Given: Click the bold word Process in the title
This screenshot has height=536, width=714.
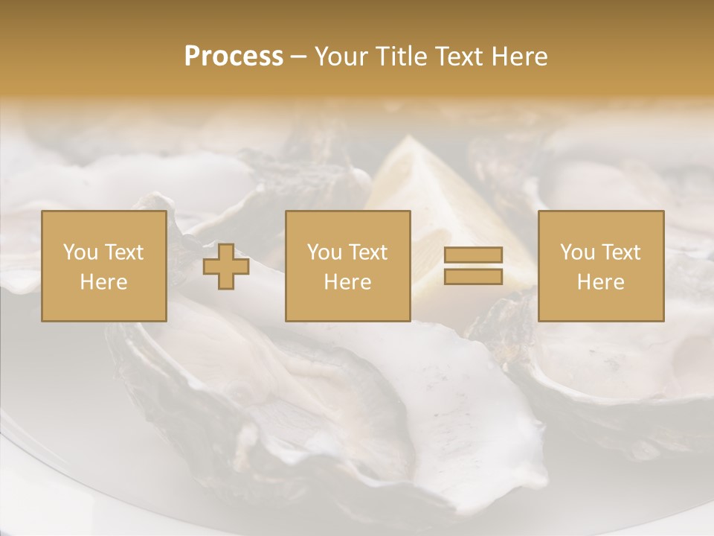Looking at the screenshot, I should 234,57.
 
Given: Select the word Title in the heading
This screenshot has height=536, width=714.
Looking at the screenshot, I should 403,57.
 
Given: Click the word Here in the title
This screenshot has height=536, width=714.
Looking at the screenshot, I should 520,57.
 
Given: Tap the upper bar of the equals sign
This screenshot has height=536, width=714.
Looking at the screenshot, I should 473,255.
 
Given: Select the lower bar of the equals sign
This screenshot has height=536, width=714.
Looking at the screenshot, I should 473,276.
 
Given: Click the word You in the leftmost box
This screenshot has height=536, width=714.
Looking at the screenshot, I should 80,252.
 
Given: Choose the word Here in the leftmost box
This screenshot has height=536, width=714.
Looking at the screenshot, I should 103,282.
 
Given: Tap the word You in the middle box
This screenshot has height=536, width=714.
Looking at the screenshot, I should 324,252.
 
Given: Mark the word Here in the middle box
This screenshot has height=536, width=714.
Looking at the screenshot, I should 348,282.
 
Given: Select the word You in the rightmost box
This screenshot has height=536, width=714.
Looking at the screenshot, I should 577,252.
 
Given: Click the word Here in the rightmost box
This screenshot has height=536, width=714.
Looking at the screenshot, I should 601,282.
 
